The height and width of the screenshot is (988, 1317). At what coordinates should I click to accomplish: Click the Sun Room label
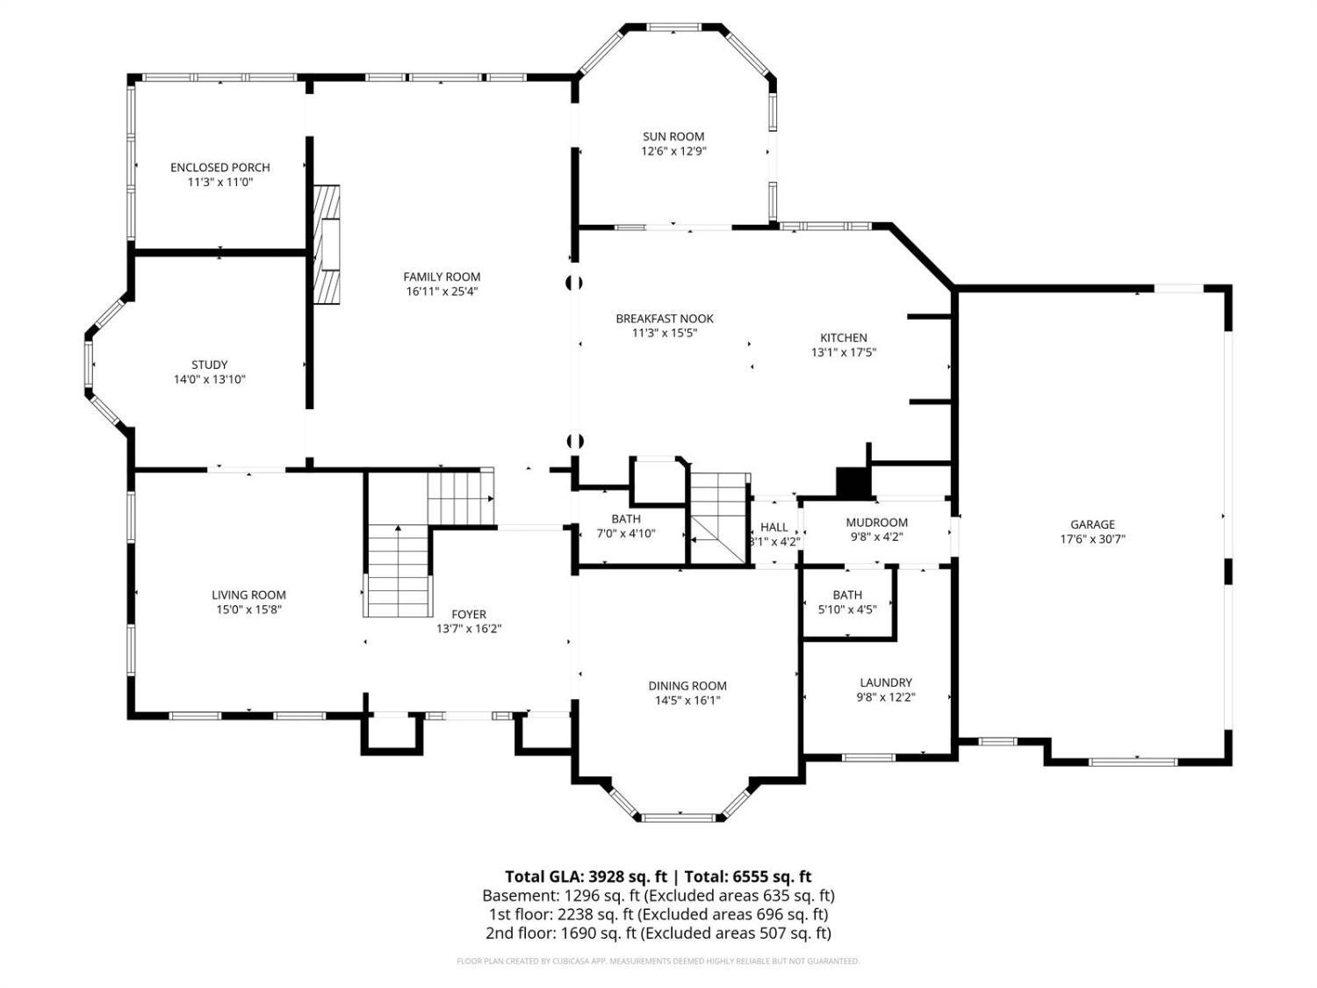click(673, 137)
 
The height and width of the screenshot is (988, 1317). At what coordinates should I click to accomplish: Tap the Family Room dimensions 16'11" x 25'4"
click(442, 292)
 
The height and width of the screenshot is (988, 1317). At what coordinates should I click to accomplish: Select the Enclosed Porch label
click(220, 168)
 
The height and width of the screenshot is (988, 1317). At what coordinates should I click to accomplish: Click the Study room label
click(209, 364)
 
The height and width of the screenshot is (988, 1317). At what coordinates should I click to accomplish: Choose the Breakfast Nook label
click(665, 319)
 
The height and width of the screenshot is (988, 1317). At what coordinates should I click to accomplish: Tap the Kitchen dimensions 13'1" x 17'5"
click(844, 352)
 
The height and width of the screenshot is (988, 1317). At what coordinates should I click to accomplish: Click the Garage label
click(1092, 524)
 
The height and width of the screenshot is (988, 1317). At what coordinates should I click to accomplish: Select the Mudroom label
click(876, 523)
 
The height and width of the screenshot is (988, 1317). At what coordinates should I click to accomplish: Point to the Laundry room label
click(886, 682)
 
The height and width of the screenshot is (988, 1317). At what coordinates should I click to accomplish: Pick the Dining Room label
click(687, 686)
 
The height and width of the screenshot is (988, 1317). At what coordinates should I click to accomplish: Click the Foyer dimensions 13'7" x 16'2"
click(469, 629)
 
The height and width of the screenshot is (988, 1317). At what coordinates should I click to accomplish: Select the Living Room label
click(248, 595)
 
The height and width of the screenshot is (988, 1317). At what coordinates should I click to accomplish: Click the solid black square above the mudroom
click(853, 482)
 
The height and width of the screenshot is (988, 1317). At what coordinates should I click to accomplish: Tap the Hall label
click(774, 527)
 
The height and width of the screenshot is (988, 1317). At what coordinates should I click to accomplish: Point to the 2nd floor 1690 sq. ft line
click(658, 934)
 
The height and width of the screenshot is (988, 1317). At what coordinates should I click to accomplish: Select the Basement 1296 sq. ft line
click(658, 896)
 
